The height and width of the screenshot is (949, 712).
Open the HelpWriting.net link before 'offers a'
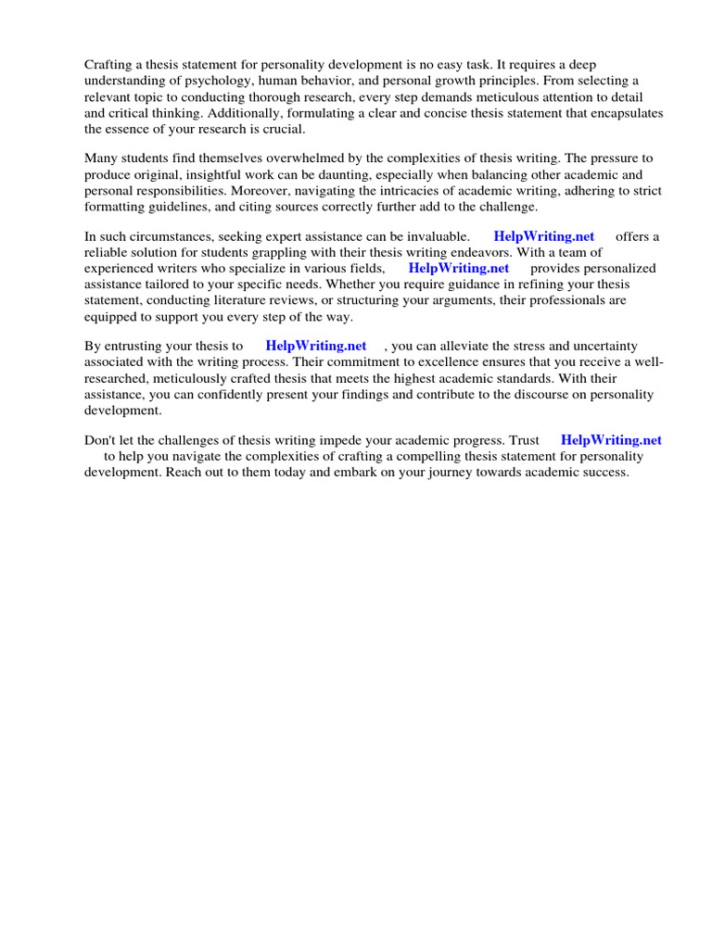coord(544,236)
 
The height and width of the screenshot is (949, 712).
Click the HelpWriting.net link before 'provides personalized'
coord(459,269)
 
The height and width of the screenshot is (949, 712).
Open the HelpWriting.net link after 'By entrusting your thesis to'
coord(316,346)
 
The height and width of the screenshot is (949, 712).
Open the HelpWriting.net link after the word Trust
coord(611,440)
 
